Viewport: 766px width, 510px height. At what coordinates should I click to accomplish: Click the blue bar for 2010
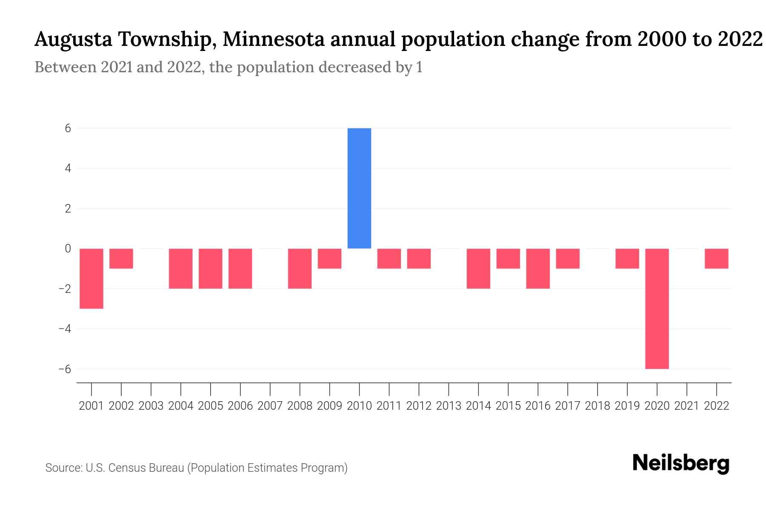359,188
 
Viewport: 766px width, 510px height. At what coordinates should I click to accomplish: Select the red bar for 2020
657,309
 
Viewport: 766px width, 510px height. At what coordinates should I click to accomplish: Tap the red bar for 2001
91,278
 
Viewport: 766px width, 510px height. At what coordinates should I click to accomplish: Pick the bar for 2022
716,258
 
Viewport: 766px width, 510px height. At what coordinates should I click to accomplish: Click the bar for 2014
478,269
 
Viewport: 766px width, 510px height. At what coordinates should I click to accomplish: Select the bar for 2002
121,258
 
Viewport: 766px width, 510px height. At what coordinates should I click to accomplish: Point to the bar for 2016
538,269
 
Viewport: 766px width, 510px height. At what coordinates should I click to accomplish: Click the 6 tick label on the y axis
68,128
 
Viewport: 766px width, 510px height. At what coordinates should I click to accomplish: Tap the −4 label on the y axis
65,329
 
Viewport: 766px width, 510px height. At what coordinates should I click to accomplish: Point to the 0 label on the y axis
68,249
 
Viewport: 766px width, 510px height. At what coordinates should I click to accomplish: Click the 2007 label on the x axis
270,406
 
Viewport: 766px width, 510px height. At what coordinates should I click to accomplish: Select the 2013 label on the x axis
449,406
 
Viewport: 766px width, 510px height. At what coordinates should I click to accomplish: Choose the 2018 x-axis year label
597,406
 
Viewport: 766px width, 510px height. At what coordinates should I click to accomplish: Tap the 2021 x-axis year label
686,406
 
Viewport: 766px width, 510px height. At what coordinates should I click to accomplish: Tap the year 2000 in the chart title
661,40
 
